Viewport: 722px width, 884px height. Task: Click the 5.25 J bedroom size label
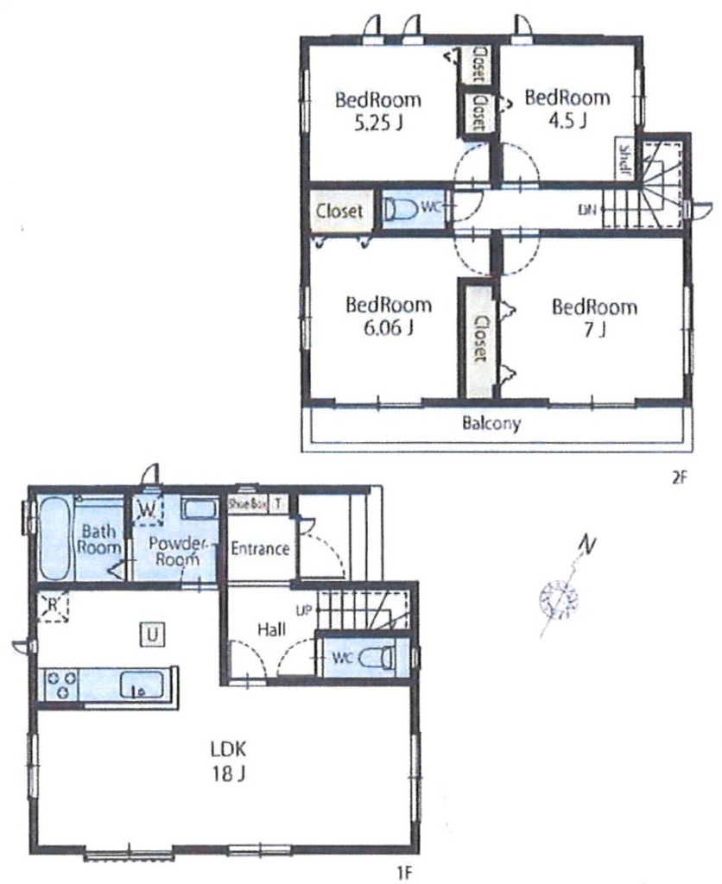click(x=378, y=123)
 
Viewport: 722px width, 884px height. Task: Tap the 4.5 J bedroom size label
click(x=568, y=121)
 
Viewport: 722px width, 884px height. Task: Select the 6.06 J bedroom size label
click(x=389, y=327)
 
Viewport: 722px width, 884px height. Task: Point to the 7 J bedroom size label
click(x=595, y=329)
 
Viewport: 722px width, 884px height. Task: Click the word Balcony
click(x=491, y=423)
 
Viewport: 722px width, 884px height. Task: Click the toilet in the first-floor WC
click(x=377, y=657)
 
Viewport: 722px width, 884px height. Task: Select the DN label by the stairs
click(x=587, y=211)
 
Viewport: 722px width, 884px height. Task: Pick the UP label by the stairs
click(x=303, y=610)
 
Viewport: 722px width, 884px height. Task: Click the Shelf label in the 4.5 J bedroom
click(x=625, y=160)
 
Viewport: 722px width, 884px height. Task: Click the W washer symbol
click(x=147, y=509)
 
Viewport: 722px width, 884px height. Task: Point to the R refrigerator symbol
click(x=53, y=606)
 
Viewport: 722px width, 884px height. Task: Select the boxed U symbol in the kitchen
click(x=152, y=635)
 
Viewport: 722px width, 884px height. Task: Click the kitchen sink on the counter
click(x=141, y=685)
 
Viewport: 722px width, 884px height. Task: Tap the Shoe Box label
click(x=246, y=504)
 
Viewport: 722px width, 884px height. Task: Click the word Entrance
click(x=260, y=548)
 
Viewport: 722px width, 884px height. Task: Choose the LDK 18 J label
click(x=229, y=761)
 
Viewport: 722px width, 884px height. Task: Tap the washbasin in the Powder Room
click(x=199, y=508)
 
